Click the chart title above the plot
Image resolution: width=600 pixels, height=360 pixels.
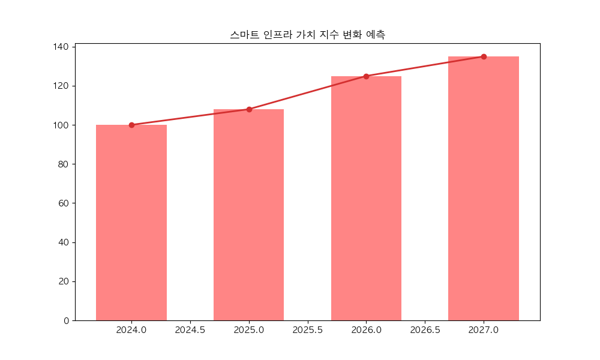coord(307,35)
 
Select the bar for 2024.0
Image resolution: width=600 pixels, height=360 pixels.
coord(131,222)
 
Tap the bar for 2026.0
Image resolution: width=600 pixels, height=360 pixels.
coord(366,198)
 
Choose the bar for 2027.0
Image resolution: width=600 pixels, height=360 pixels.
coord(484,188)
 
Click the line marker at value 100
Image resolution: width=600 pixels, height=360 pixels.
coord(131,125)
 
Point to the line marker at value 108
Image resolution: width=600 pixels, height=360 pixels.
coord(249,109)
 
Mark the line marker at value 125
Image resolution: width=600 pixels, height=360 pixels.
coord(366,76)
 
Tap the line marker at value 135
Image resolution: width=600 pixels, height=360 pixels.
coord(484,56)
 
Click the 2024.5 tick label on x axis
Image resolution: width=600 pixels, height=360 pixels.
coord(190,330)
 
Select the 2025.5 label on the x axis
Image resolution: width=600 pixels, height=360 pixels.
coord(308,330)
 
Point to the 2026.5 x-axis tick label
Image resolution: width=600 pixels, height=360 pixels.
coord(425,330)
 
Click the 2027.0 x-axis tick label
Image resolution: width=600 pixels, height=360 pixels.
coord(484,330)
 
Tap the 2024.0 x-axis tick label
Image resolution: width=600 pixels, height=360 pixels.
coord(131,330)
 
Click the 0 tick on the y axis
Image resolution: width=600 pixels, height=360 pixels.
coord(67,320)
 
